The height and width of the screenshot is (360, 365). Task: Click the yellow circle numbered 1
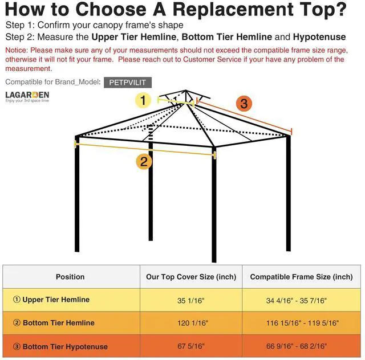(x=143, y=101)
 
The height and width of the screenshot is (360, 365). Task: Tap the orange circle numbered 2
(x=144, y=161)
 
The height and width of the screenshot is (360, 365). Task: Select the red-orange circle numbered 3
(x=244, y=103)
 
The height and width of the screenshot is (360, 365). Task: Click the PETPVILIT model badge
(x=127, y=82)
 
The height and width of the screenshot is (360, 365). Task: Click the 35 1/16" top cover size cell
(x=191, y=300)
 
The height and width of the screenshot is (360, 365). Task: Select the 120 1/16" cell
(x=191, y=323)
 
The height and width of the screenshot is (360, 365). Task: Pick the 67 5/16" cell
(x=191, y=346)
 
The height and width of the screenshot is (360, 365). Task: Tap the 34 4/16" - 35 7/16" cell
(x=302, y=300)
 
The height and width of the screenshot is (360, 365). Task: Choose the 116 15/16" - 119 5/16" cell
(x=302, y=323)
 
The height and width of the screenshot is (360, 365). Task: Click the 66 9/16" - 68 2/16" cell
(x=302, y=346)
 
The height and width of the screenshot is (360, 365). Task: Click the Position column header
(x=70, y=277)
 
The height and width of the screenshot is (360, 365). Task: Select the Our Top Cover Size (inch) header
(x=191, y=277)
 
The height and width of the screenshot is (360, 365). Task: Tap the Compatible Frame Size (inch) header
(x=302, y=277)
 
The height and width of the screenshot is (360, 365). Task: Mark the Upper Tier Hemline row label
(x=51, y=300)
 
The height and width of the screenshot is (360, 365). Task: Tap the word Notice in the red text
(x=18, y=50)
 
